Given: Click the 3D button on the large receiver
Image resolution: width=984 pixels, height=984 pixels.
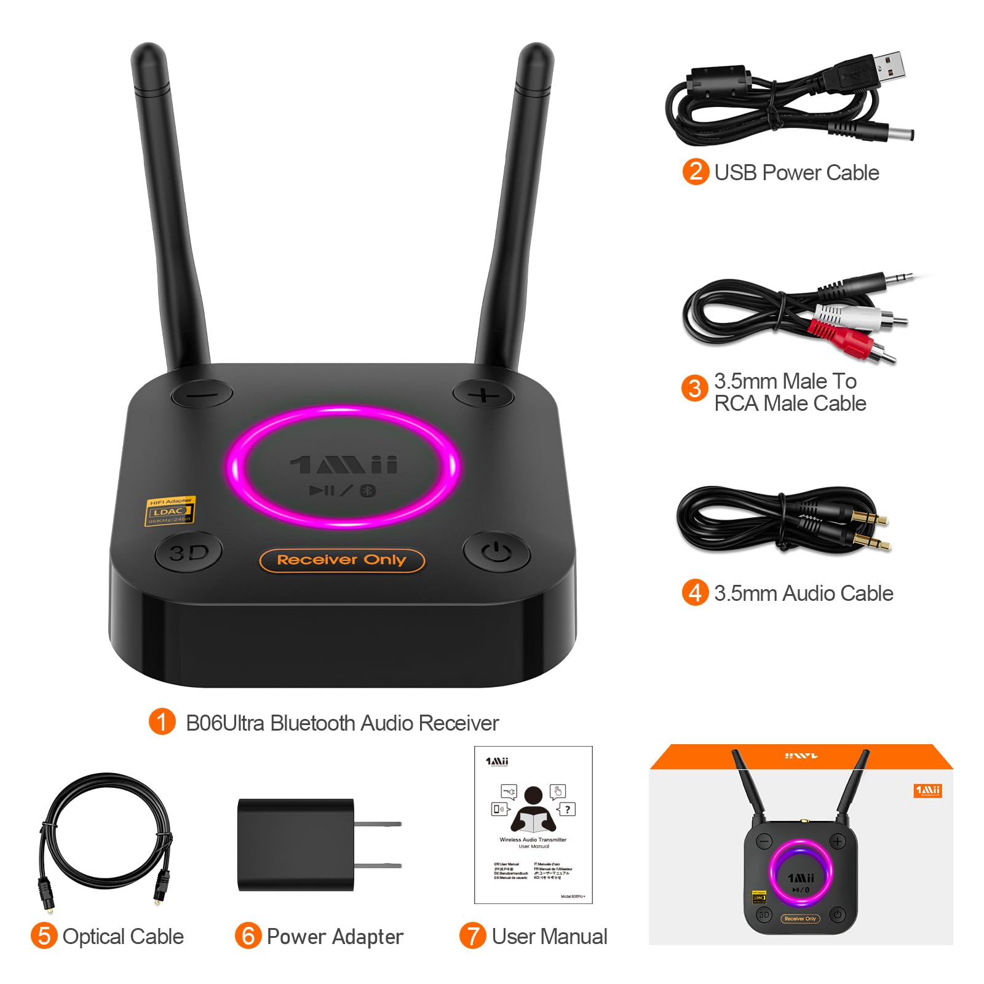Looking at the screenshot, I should (189, 553).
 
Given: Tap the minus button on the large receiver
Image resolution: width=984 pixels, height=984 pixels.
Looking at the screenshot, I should (202, 394).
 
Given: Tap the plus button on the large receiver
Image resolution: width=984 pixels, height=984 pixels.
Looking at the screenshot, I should (483, 394).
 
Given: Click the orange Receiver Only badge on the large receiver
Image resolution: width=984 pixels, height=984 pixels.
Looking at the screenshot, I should (342, 560).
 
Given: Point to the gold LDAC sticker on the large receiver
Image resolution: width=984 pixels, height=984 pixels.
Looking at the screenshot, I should (169, 511).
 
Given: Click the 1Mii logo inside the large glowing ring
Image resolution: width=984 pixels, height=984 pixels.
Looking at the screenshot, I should (344, 465).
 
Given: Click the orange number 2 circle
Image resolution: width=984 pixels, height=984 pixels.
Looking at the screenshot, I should (696, 172).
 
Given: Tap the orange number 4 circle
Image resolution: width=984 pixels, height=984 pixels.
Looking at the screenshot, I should (695, 593).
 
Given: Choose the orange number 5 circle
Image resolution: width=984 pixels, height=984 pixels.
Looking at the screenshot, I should (44, 936).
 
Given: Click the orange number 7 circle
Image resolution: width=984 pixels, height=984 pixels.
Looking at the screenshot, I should (472, 936).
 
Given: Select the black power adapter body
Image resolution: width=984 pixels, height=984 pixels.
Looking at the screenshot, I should (296, 844).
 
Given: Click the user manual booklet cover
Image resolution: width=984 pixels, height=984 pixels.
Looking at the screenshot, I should (533, 824).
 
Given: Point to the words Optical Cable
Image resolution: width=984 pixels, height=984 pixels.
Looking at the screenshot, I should (123, 937).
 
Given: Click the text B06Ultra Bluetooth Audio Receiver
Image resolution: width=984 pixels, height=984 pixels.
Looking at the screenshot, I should (342, 723).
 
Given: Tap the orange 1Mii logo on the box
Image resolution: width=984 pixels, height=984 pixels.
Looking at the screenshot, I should (927, 790).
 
